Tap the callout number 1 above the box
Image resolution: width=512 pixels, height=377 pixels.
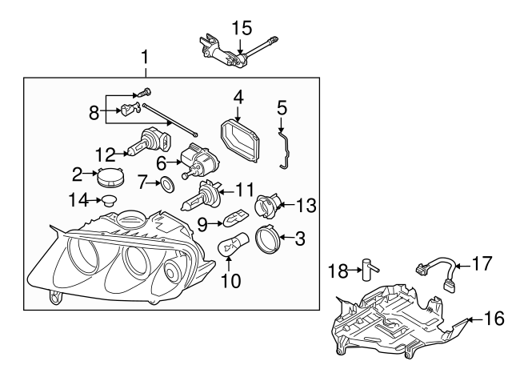coord(145,57)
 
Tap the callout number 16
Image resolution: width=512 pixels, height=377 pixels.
coord(494,319)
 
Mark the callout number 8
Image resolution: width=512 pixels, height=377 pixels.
coord(94,112)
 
